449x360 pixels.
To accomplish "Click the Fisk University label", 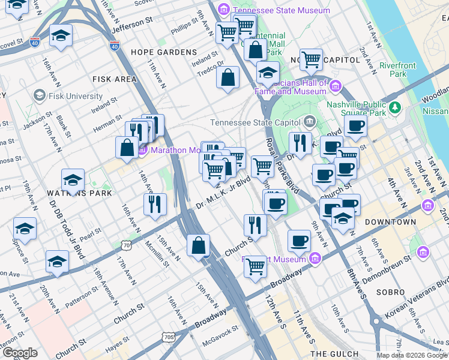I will tap(76, 96).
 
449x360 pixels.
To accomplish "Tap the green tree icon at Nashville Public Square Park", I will tap(394, 107).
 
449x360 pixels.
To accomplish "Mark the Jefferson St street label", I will tap(131, 25).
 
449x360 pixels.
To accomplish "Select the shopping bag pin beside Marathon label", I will tap(127, 148).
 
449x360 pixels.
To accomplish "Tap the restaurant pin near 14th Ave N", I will tap(155, 204).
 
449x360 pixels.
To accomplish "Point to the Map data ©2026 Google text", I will tap(411, 355).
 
